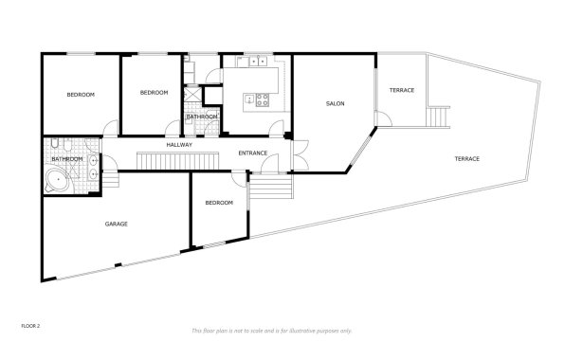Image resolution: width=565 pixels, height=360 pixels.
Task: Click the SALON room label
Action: [x=335, y=103]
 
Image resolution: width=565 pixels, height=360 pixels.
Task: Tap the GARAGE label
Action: [x=116, y=224]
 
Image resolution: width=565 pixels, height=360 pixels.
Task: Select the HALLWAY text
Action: [x=179, y=144]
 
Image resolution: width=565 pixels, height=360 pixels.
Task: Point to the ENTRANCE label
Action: [x=252, y=153]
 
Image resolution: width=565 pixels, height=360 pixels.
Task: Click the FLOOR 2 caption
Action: [x=29, y=324]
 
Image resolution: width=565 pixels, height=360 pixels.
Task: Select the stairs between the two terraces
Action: [x=438, y=117]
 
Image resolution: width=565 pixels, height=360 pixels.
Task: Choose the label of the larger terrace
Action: [x=466, y=158]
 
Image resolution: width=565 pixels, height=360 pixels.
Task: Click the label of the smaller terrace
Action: [x=402, y=90]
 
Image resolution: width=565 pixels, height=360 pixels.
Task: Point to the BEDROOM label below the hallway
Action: [x=219, y=202]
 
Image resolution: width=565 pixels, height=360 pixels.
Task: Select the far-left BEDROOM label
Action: [x=80, y=96]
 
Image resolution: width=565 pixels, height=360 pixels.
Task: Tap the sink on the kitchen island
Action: [x=248, y=99]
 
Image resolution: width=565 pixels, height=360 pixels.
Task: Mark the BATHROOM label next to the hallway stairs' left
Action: [x=67, y=158]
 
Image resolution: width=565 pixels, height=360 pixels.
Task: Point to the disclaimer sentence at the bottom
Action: [x=271, y=330]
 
